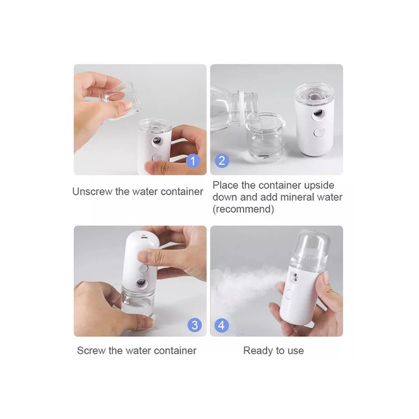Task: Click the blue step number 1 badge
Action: (193, 161)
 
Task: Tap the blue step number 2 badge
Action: (222, 161)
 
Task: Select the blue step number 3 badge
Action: (194, 325)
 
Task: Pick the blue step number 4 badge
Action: (222, 325)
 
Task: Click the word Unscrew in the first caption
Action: (92, 192)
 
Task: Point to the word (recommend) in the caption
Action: (243, 209)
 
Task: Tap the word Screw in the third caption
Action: (91, 351)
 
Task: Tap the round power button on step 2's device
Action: (318, 132)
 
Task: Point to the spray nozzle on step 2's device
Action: (318, 113)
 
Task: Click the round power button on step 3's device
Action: (143, 268)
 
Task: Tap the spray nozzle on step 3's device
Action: (141, 283)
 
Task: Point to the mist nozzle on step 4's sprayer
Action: (295, 277)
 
